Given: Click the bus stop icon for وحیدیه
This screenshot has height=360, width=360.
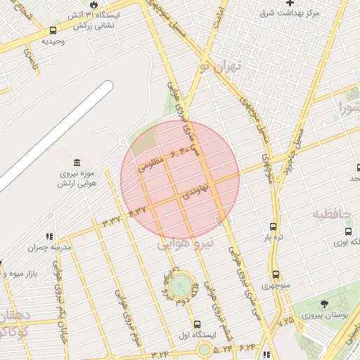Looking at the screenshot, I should point(53,31).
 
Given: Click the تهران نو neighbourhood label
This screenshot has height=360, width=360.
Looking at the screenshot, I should point(219,67).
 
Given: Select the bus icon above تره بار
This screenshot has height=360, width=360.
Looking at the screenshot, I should point(274,226).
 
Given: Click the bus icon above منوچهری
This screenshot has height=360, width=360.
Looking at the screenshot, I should point(275,274).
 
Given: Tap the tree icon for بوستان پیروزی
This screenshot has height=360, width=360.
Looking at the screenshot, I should point(323,304).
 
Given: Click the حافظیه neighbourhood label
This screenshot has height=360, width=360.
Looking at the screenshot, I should point(331,213).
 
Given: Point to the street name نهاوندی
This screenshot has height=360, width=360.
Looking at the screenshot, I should point(196,191).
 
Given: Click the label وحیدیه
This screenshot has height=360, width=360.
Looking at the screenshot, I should point(53,41).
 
